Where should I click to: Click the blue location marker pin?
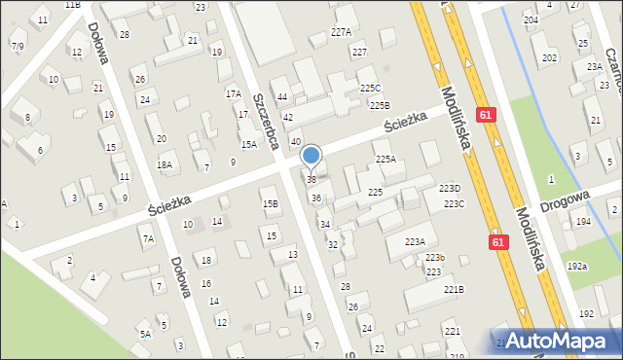tap(311, 156)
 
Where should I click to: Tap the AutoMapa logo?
tap(559, 342)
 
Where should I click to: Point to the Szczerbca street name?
tap(267, 121)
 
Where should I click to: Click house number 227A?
tap(341, 32)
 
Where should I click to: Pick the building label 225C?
tap(370, 88)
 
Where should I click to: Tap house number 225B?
tap(379, 105)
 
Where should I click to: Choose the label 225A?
tap(385, 159)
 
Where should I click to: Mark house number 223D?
tap(449, 189)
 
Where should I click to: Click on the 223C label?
tap(454, 203)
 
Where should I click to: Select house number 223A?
tap(415, 241)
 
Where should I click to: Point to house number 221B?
tap(454, 290)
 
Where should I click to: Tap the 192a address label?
tap(577, 266)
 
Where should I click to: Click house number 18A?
tap(165, 165)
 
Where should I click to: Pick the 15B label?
tap(270, 203)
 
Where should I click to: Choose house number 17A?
tap(234, 94)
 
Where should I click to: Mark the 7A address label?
tap(148, 238)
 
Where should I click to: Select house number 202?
tap(550, 58)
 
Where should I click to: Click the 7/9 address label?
tap(18, 46)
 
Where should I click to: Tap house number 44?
tap(282, 97)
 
